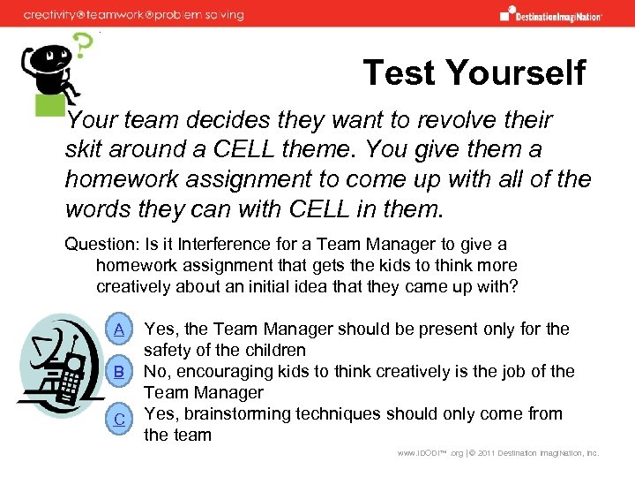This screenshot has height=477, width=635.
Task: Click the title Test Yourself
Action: [474, 72]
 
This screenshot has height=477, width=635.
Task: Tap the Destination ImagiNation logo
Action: [551, 14]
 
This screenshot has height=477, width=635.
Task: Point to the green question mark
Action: [82, 44]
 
